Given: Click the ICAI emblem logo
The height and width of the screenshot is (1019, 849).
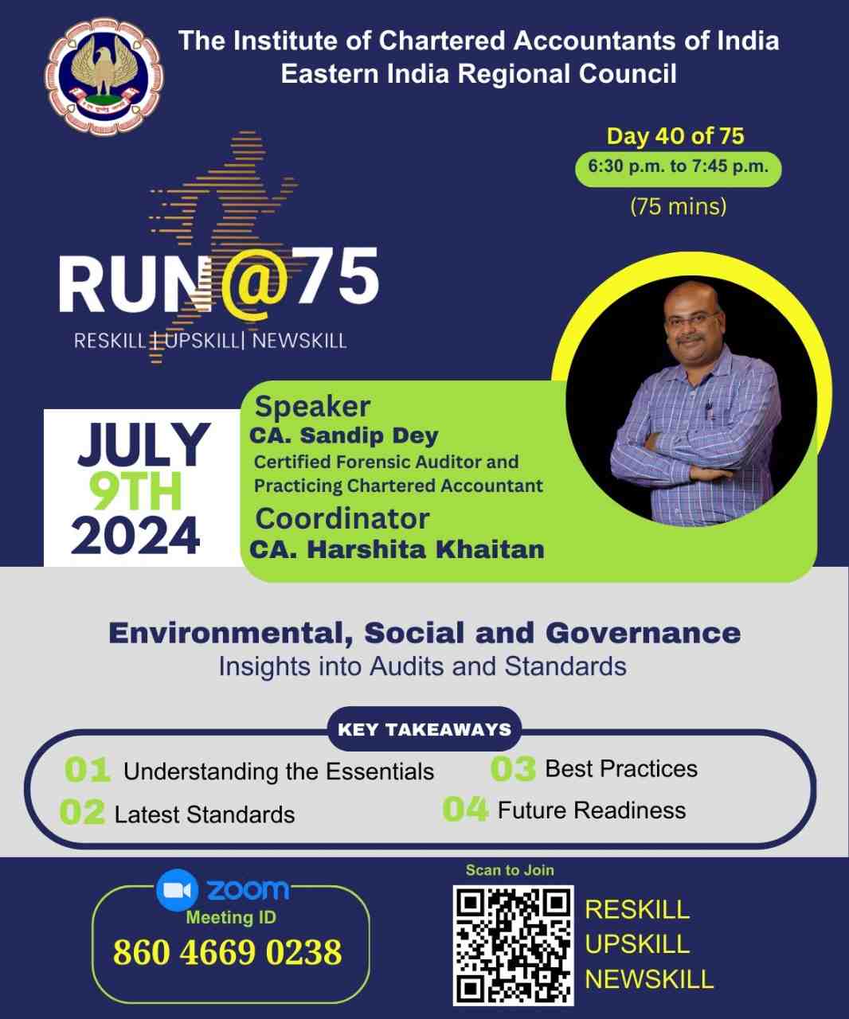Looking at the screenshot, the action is click(104, 76).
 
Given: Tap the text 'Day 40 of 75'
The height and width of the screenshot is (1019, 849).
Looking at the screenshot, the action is click(675, 136).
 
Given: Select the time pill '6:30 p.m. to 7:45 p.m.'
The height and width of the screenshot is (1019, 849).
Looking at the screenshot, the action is click(678, 169).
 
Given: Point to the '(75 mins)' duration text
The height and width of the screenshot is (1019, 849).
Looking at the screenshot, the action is click(678, 206).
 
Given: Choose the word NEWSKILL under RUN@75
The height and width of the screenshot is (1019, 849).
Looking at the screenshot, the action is click(299, 341).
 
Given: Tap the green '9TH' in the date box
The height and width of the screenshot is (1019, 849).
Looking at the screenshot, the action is click(135, 491).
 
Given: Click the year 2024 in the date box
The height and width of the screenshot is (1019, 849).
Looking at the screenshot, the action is click(135, 536).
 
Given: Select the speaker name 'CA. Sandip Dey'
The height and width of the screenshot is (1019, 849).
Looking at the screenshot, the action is click(344, 435).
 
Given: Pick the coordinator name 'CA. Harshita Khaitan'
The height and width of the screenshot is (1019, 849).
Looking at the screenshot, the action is click(397, 549).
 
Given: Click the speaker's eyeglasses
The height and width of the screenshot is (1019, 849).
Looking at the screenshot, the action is click(690, 318).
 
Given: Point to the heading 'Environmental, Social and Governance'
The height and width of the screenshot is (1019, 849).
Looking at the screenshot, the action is click(424, 634).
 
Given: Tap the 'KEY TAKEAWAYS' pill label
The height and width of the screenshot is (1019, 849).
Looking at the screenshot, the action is click(424, 729).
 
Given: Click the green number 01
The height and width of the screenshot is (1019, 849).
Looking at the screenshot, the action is click(88, 770).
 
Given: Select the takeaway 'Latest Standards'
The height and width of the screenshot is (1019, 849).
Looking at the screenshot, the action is click(205, 814).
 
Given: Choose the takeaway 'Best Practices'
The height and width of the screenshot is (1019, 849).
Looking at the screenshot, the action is click(621, 769).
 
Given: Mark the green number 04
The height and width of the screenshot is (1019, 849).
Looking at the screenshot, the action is click(465, 809).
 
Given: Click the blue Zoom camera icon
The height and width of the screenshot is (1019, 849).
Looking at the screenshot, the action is click(178, 890).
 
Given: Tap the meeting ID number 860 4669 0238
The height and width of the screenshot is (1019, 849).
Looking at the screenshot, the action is click(228, 952).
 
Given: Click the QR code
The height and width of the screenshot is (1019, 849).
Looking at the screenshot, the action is click(513, 946).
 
